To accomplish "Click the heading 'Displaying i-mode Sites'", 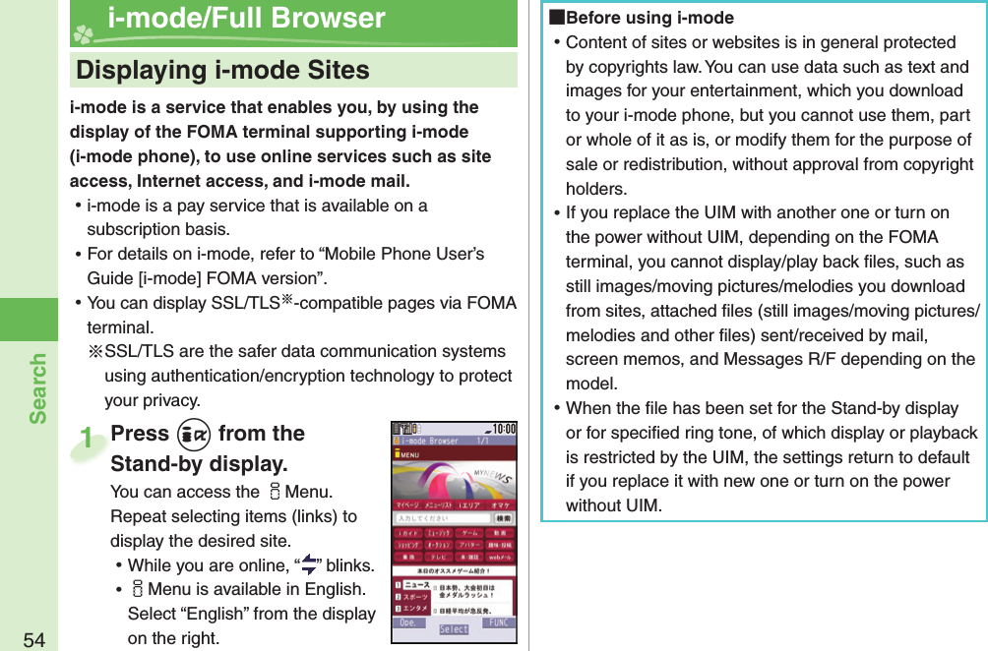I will coord(222,71).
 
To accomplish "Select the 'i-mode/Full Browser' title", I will coord(246,19).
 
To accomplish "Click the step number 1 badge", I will coord(89,439).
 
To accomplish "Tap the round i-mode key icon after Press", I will coord(194,435).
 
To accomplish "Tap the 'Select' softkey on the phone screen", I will coord(454,629).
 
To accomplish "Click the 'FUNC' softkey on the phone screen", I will coord(499,623).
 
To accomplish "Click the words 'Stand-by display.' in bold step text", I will coord(199,463).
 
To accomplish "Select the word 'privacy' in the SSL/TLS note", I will coord(166,400).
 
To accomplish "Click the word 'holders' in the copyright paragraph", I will coord(594,189).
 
